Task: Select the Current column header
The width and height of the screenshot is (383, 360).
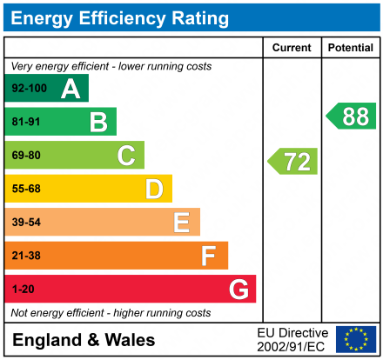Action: click(292, 48)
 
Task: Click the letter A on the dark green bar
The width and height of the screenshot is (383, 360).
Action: click(71, 89)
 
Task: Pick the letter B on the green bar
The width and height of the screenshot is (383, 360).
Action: click(98, 123)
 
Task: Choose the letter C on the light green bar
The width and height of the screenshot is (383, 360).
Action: click(126, 156)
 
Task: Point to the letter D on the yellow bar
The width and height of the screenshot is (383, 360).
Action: click(154, 189)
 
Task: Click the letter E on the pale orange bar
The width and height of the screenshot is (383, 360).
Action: click(181, 223)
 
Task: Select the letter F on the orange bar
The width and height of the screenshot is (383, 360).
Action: click(209, 256)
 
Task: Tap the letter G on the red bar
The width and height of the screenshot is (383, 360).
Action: click(238, 289)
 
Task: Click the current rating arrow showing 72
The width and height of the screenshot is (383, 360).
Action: click(293, 161)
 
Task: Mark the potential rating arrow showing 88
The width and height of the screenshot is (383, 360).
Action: click(351, 116)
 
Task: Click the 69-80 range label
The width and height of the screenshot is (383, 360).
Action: click(26, 156)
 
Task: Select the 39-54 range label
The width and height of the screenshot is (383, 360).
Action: click(26, 223)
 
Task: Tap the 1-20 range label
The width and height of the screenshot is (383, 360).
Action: click(23, 289)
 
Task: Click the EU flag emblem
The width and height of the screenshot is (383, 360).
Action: click(355, 339)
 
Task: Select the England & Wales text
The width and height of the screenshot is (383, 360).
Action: click(84, 340)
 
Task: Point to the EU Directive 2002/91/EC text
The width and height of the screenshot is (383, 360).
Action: click(292, 339)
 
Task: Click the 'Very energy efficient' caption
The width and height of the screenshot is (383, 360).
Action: click(111, 66)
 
